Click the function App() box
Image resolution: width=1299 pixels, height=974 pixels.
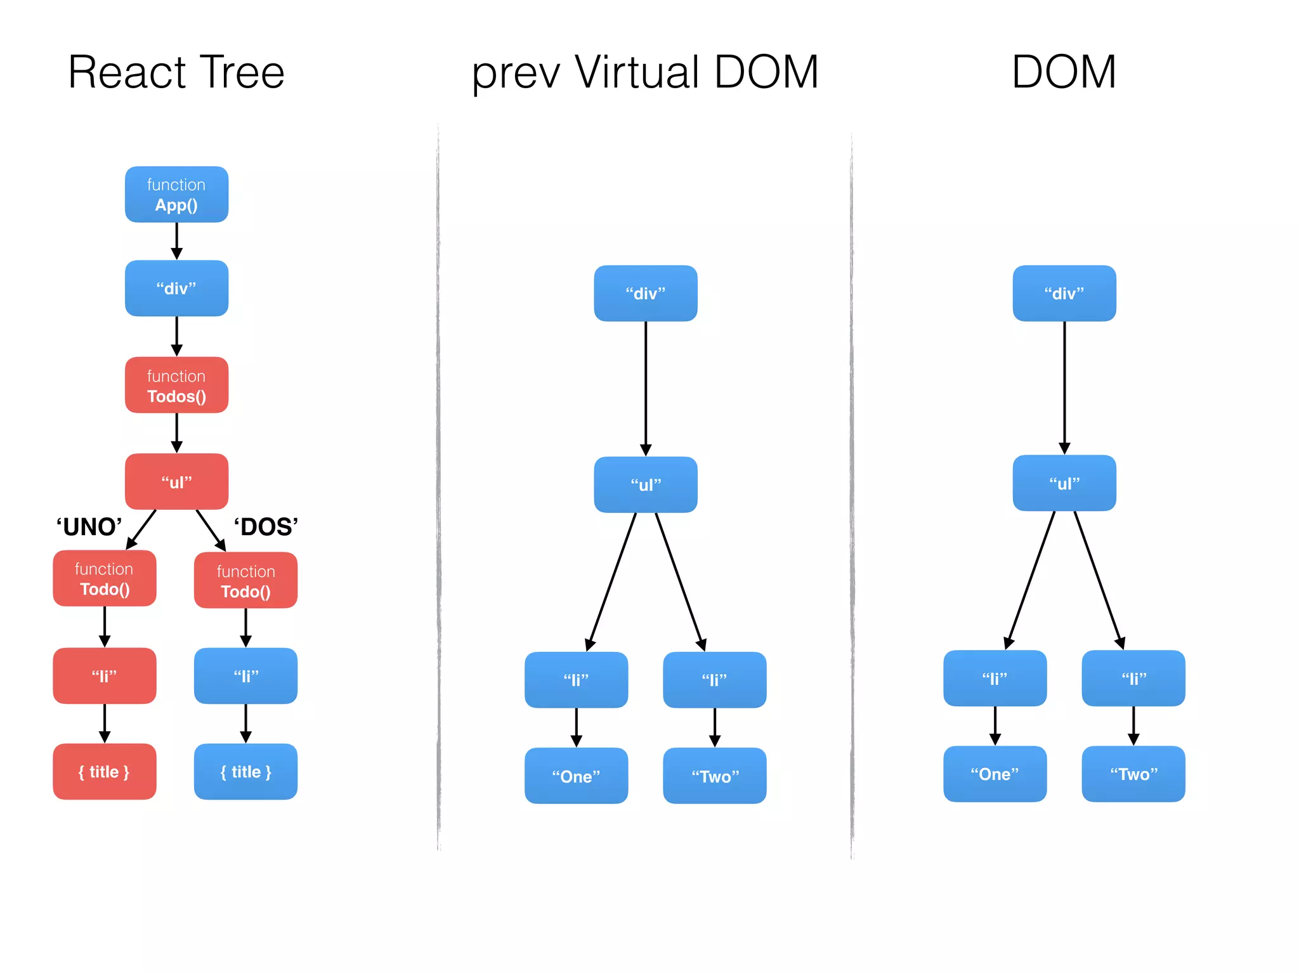coord(176,195)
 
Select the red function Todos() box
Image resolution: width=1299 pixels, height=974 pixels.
coord(176,386)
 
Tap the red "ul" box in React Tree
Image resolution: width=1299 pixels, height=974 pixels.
coord(176,482)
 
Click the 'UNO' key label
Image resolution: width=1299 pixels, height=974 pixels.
coord(89,527)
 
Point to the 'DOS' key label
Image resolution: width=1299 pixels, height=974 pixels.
coord(266,527)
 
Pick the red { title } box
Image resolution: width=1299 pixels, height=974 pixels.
coord(105,772)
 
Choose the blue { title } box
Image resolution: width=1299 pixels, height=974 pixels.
coord(245,772)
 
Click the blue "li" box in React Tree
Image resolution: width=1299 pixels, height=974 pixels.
coord(245,676)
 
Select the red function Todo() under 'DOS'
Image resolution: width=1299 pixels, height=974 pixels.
coord(245,581)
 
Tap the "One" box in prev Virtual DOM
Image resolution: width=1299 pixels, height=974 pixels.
coord(576,776)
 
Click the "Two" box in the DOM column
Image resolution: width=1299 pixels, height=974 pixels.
coord(1133,774)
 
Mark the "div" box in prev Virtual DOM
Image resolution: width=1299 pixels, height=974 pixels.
coord(646,294)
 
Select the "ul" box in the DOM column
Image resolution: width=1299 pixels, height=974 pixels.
coord(1064,483)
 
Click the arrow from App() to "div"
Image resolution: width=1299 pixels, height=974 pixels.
coord(177,241)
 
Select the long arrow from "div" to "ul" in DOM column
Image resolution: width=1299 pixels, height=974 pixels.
coord(1064,387)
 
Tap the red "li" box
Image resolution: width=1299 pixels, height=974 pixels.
coord(105,676)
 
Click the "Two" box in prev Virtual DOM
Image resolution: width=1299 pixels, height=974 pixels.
coord(715,776)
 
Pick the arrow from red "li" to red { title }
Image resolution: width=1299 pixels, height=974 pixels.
coord(105,724)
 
